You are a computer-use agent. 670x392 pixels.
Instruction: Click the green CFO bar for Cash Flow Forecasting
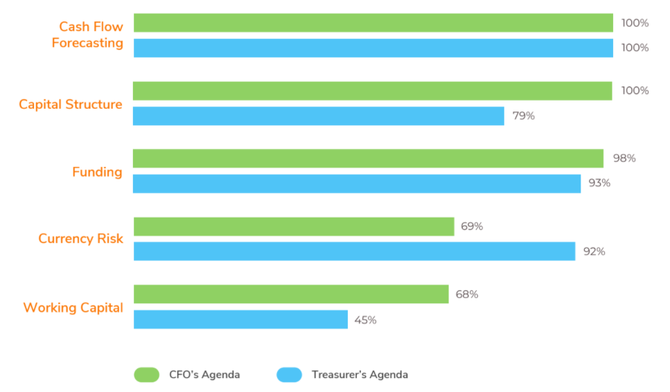pos(373,23)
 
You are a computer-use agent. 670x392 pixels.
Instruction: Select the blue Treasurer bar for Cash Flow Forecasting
pos(373,48)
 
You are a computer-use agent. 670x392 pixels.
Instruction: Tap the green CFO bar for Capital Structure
pos(372,91)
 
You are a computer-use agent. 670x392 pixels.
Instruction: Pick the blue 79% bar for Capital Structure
pos(318,116)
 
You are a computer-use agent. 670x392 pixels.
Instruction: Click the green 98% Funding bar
pos(368,159)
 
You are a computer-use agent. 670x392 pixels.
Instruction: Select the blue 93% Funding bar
pos(356,184)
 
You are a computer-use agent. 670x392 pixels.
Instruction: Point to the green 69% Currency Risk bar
pos(293,226)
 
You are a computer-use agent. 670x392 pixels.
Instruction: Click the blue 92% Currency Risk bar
pos(354,251)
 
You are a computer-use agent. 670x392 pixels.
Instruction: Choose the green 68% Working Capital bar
pos(290,294)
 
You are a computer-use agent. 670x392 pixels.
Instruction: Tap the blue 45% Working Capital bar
pos(240,319)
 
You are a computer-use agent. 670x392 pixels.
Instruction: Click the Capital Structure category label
pos(71,105)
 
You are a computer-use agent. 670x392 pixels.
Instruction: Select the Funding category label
pos(97,172)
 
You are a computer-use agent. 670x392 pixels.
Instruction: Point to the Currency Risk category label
pos(80,239)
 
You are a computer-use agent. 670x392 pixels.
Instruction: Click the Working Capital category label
pos(73,308)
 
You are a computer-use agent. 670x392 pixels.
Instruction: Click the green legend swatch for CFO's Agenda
pos(146,375)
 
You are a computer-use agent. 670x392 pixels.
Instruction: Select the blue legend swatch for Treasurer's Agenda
pos(289,375)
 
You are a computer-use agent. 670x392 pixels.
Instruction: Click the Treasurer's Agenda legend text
pos(360,375)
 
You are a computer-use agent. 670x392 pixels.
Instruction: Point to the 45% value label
pos(365,320)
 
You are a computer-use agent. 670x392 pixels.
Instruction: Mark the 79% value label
pos(523,116)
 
